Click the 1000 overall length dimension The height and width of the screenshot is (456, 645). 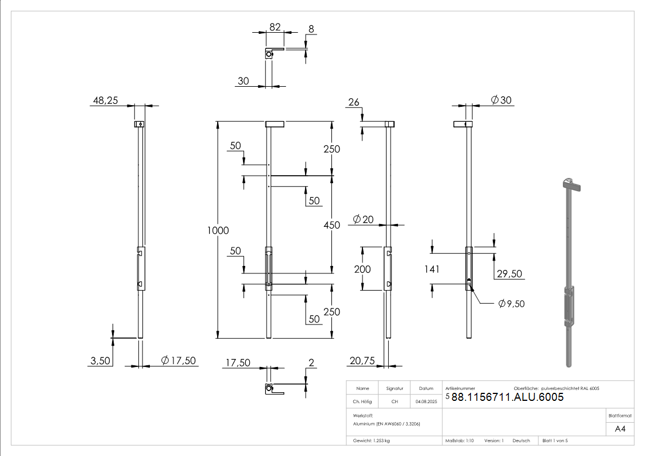(218, 230)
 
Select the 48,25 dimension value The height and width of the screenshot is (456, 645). (105, 101)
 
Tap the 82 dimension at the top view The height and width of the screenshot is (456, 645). (275, 27)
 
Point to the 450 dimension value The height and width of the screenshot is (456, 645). (331, 225)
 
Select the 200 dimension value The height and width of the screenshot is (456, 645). (362, 269)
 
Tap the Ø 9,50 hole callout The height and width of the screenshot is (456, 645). (512, 303)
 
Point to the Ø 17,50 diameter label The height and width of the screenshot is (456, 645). (179, 361)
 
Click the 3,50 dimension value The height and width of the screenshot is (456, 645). (100, 361)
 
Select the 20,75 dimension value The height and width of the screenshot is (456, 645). (361, 361)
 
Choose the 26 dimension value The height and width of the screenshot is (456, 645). (354, 102)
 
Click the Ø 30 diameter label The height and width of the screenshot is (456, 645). (501, 101)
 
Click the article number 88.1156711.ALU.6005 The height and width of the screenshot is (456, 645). (507, 397)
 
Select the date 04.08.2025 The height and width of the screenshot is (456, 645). (426, 402)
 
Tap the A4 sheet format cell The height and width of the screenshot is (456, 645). (620, 429)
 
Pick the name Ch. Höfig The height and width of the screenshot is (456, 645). (363, 402)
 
